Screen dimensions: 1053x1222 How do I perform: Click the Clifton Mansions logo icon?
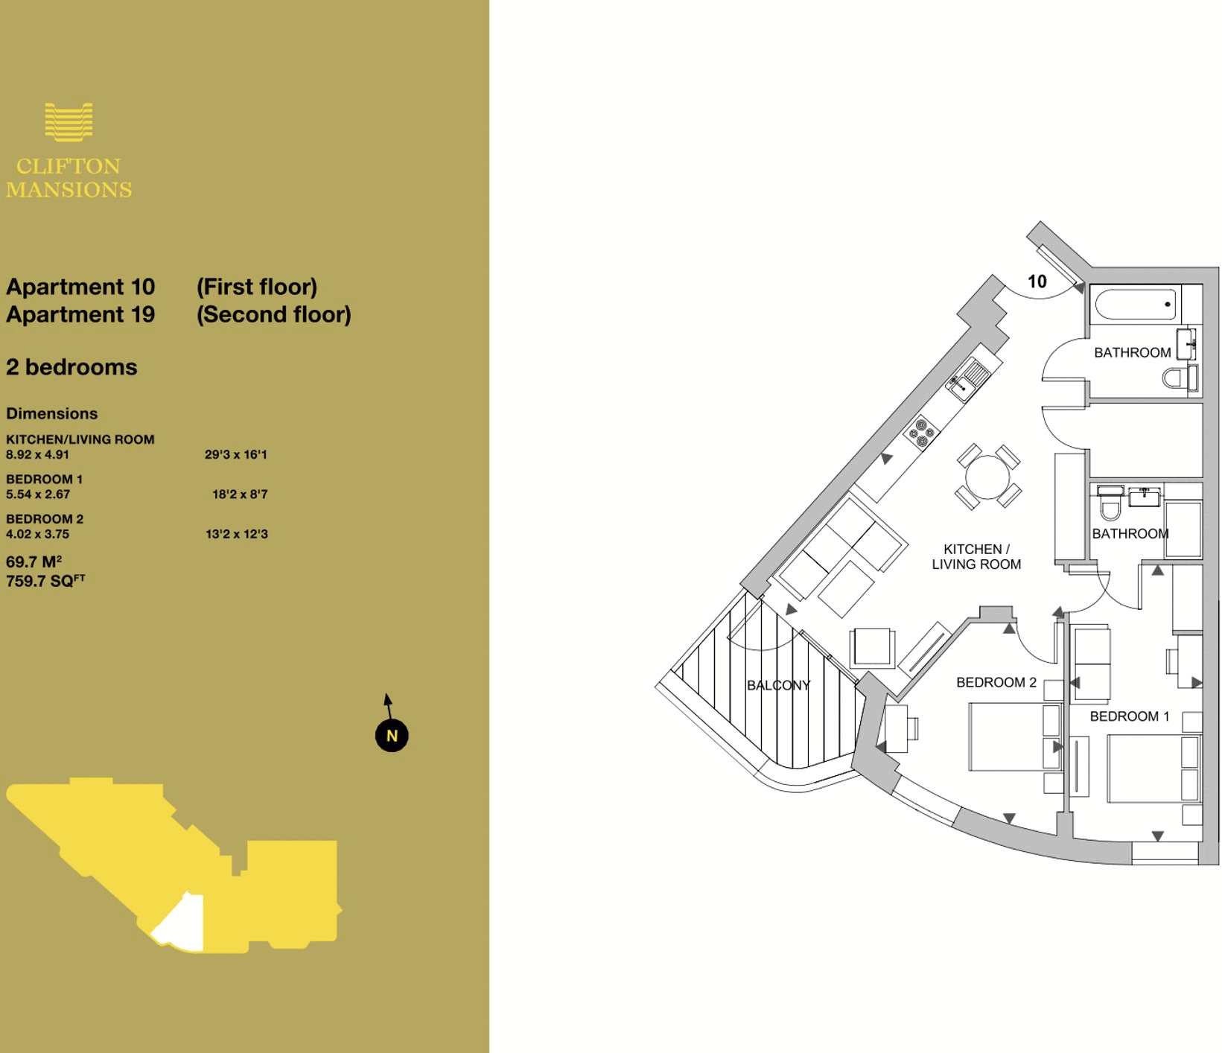pyautogui.click(x=69, y=122)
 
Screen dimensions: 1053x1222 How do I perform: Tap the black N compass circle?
pyautogui.click(x=392, y=736)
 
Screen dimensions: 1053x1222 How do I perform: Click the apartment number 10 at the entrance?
pyautogui.click(x=1037, y=281)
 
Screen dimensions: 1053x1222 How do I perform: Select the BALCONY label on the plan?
pyautogui.click(x=778, y=685)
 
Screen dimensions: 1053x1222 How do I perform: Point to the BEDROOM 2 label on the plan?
pyautogui.click(x=996, y=682)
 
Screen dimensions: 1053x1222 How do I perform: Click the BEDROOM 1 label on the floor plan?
pyautogui.click(x=1129, y=716)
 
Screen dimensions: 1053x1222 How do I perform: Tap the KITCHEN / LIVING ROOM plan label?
pyautogui.click(x=976, y=557)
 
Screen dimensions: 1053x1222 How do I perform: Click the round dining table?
pyautogui.click(x=987, y=477)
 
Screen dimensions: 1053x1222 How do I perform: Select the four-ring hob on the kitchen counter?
pyautogui.click(x=921, y=433)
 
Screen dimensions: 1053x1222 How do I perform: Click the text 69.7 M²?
pyautogui.click(x=34, y=562)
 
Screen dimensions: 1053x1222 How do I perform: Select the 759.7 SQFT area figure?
pyautogui.click(x=45, y=581)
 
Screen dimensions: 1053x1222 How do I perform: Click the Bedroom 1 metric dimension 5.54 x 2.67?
pyautogui.click(x=38, y=494)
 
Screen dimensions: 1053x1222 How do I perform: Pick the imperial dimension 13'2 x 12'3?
pyautogui.click(x=236, y=534)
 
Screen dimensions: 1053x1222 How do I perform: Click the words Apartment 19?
pyautogui.click(x=80, y=314)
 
